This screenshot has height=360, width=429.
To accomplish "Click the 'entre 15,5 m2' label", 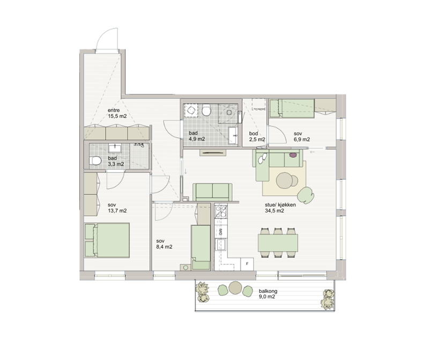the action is (117, 113).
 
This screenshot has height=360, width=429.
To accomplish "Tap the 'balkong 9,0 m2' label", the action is (268, 294).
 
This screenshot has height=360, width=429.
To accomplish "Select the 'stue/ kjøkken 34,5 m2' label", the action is (280, 208).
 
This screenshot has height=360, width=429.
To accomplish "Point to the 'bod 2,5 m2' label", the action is (257, 136).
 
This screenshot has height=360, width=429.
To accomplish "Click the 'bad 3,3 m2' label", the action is (116, 161).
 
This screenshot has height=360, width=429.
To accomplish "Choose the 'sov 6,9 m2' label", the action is (302, 136).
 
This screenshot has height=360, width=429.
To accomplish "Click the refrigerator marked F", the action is (247, 264).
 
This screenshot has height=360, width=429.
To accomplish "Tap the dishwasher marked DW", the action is (220, 232).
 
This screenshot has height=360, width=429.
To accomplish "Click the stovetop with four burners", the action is (221, 211).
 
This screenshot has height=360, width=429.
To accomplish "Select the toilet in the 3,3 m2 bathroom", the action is (95, 160).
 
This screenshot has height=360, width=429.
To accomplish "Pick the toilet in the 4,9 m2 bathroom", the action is (206, 110).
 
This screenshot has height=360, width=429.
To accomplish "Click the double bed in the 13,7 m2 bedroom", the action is (107, 240).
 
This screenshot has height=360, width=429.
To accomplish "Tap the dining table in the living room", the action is (278, 243).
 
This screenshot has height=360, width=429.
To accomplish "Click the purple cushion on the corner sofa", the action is (292, 155).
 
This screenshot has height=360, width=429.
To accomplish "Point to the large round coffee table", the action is (285, 180).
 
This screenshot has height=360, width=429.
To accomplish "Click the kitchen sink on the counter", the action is (220, 245).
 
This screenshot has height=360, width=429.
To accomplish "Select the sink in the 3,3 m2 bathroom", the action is (115, 148).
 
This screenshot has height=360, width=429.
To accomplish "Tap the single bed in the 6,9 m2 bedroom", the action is (291, 109).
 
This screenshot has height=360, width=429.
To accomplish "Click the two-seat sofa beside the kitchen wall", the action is (212, 192).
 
